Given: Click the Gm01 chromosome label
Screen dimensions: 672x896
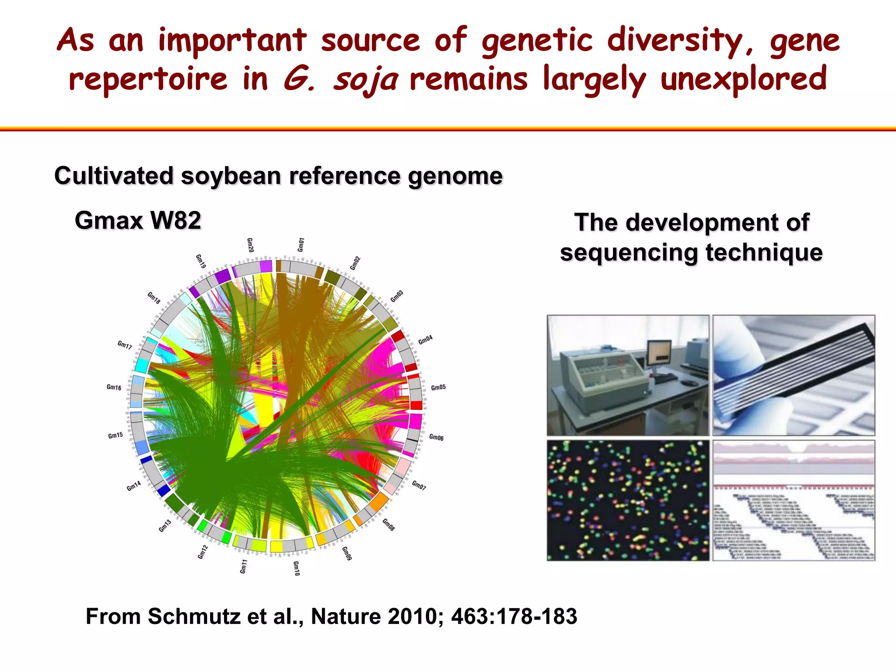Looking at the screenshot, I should [301, 245].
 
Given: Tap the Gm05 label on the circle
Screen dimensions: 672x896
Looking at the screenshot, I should [438, 388].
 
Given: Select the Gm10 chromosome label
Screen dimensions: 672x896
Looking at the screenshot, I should [296, 568].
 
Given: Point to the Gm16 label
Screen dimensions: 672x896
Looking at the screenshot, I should [114, 387].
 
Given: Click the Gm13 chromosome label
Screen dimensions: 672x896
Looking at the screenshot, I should [165, 526].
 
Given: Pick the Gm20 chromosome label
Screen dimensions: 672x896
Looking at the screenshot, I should [250, 245].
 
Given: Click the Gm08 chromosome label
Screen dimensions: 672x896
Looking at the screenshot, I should [388, 525].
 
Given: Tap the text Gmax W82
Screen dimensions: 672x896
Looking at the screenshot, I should [138, 220].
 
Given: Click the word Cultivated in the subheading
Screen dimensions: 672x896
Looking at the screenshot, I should [114, 176].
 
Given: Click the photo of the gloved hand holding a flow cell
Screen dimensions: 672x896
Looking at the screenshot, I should [794, 375].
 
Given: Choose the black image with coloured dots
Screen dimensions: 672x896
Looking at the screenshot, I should [628, 500].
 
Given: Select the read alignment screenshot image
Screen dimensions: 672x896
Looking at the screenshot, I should [794, 500].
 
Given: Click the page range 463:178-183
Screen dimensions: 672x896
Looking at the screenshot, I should [514, 616].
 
